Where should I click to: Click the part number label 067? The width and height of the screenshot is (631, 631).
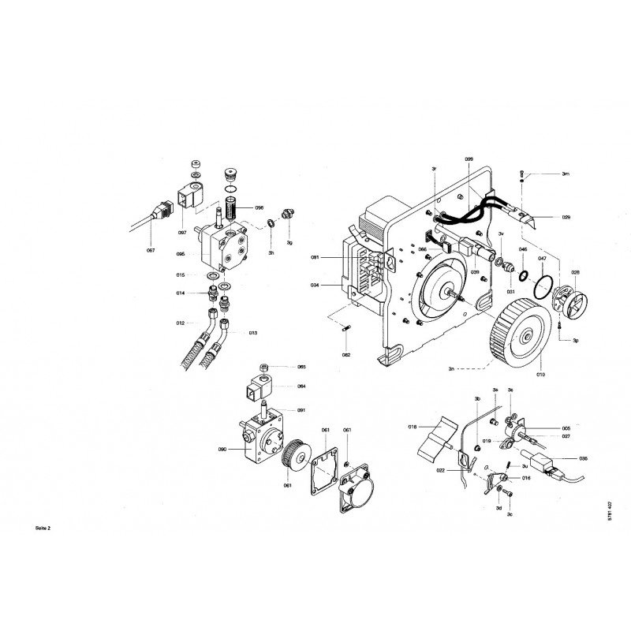150,250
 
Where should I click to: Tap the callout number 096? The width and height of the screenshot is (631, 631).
259,207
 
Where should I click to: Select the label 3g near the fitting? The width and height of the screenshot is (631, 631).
290,242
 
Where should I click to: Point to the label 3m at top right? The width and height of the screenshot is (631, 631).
566,174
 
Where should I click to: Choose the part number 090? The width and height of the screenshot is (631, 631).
222,449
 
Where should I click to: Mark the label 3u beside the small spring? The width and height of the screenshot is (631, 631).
525,465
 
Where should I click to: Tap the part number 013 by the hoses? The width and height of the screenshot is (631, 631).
253,334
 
